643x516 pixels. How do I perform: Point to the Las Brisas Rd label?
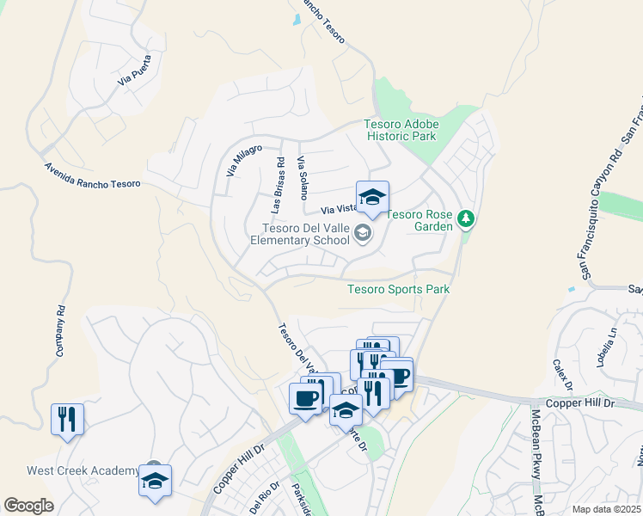(x=277, y=186)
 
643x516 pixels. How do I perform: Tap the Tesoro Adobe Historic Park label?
(x=401, y=130)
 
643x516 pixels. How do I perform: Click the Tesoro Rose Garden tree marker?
(x=466, y=219)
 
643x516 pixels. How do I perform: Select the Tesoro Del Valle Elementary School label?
(x=311, y=234)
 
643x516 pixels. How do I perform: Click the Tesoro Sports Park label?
(x=398, y=289)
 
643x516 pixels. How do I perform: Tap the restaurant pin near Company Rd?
(x=67, y=420)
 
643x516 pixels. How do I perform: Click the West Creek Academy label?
(x=83, y=470)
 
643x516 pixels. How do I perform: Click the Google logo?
(x=28, y=506)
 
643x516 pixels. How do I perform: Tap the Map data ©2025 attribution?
(x=605, y=509)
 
